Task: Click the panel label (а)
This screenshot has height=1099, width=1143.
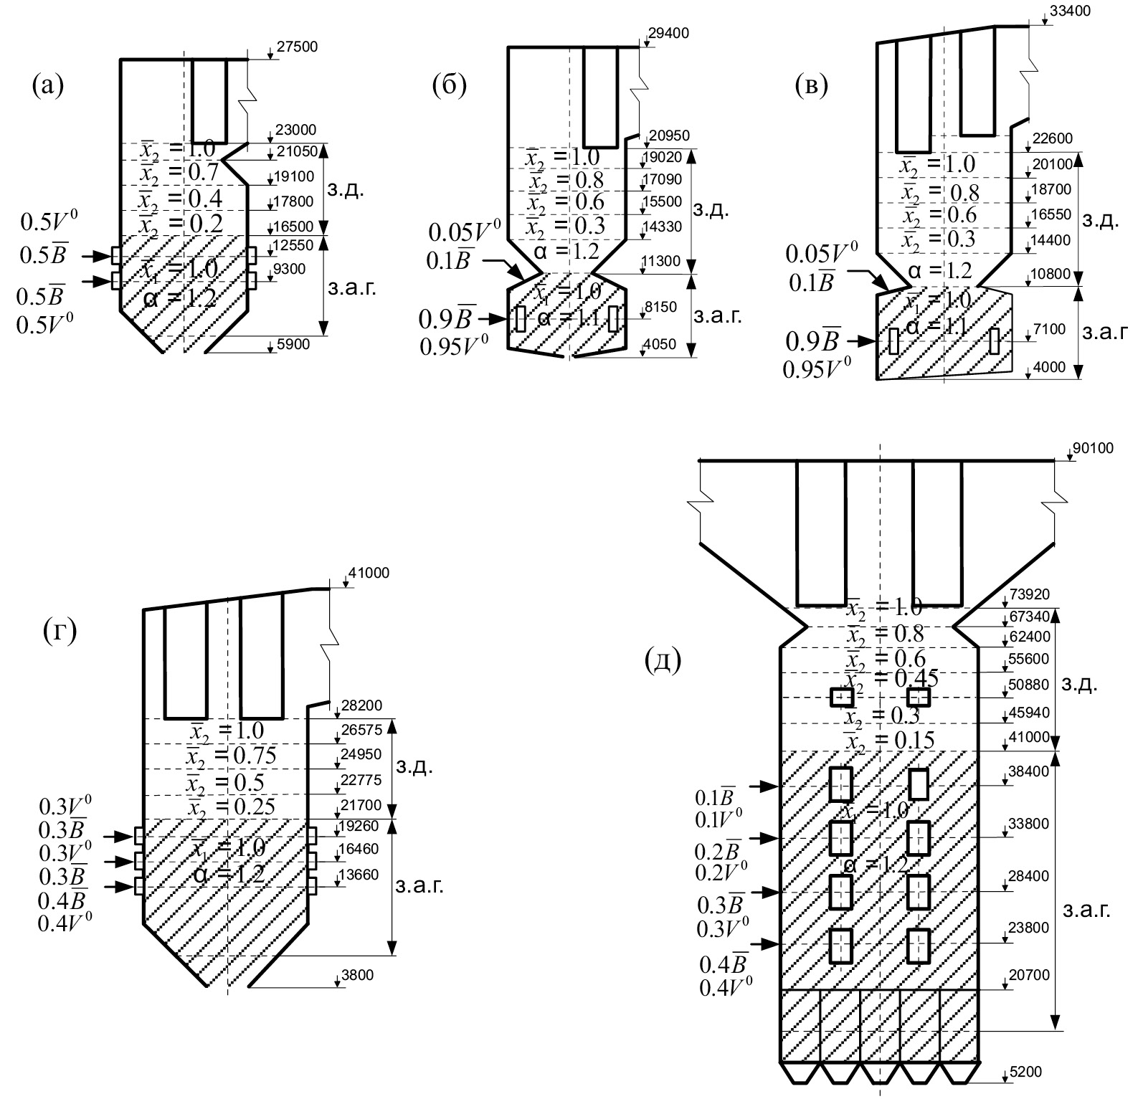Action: coord(48,86)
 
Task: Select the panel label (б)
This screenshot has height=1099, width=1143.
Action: coord(450,85)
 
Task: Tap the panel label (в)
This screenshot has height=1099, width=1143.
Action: coord(812,85)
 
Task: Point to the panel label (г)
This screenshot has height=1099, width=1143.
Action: coord(60,632)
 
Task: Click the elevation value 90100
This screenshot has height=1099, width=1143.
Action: coord(1093,449)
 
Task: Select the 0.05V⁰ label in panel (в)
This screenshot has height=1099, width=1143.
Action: coord(821,254)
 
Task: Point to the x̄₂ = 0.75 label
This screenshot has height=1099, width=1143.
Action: coord(232,756)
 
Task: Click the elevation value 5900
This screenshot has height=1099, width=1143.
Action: coord(293,344)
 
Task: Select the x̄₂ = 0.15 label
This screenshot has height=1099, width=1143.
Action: coord(889,739)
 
